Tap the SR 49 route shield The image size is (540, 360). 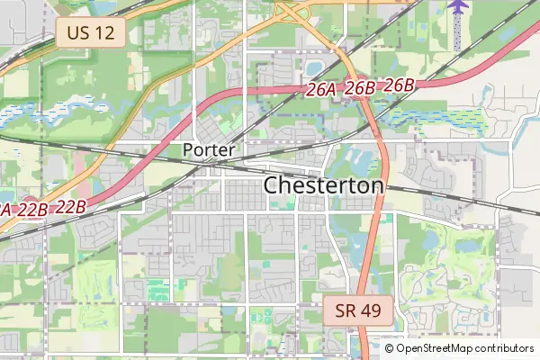358,311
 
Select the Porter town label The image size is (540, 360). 209,149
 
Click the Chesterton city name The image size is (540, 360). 324,185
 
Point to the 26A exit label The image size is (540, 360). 321,89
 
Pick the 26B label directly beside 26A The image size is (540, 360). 360,87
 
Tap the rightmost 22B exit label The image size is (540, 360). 70,206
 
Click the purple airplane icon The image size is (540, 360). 459,7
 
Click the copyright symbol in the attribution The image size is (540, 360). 389,348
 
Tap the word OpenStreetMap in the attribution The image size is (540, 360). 433,348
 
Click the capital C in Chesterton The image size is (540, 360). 271,185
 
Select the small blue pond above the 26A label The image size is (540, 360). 315,67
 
